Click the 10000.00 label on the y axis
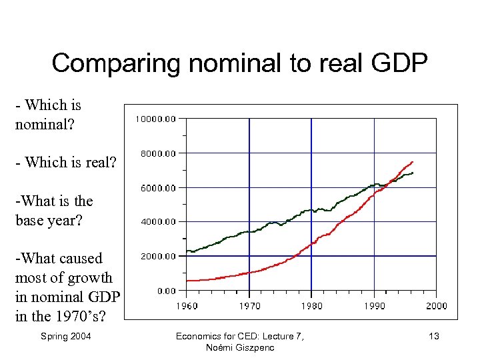point(156,119)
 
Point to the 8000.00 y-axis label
point(158,153)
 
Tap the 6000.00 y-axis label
point(158,188)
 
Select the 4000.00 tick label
point(158,221)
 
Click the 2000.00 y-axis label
point(158,256)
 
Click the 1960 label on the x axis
point(186,306)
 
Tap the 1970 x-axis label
point(249,306)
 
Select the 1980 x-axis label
point(311,306)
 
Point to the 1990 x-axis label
point(374,306)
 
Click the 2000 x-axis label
point(436,306)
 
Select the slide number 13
point(433,336)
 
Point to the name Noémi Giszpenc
point(239,348)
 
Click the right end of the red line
point(413,161)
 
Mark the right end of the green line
point(413,173)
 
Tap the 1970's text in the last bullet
point(82,315)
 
